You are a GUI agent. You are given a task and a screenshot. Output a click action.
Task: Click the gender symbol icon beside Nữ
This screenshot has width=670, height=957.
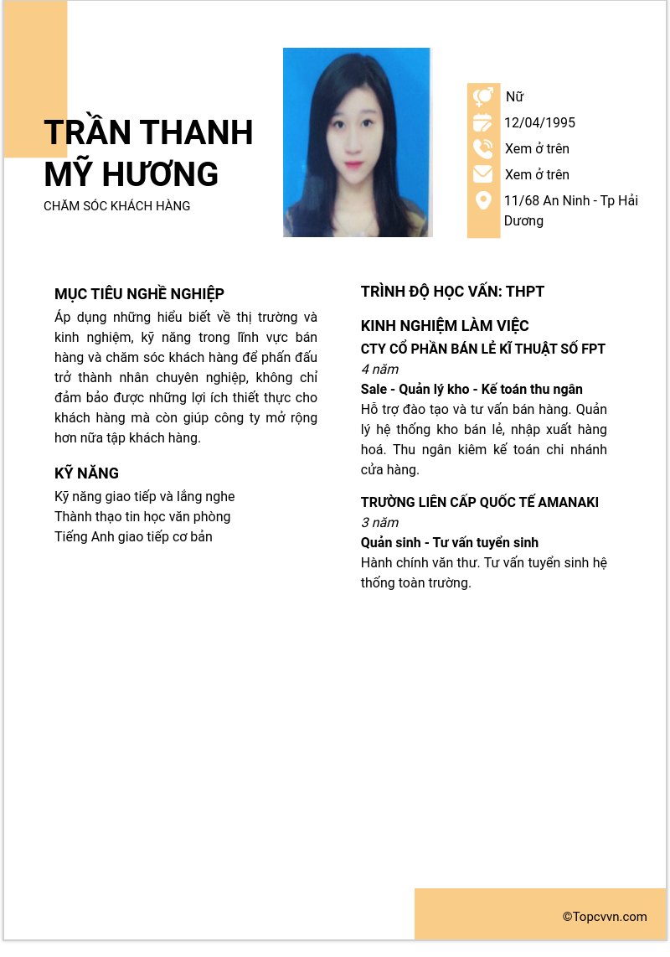click(x=483, y=97)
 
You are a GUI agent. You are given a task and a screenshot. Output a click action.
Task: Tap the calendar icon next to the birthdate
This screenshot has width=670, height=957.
click(x=483, y=123)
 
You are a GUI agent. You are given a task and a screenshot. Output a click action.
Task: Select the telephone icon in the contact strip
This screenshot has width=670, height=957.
click(x=483, y=149)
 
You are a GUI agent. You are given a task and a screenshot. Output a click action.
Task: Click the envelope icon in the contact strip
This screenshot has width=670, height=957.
click(x=483, y=174)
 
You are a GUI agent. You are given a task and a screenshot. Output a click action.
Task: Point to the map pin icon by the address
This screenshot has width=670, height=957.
click(x=483, y=201)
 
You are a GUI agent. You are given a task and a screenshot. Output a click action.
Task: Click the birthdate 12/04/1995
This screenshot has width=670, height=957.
click(x=539, y=123)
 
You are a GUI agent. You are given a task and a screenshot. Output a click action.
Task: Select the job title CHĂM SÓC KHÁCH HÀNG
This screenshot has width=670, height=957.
click(x=117, y=206)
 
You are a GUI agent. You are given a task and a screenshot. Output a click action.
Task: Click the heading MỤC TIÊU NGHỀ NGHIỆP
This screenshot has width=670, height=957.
click(x=139, y=294)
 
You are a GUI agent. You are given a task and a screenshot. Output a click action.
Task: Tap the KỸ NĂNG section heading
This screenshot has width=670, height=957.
click(x=86, y=473)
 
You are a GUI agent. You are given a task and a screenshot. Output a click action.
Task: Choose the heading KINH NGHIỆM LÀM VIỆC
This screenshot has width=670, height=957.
click(x=445, y=326)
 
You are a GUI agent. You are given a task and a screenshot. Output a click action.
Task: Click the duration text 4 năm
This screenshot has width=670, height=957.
click(x=379, y=370)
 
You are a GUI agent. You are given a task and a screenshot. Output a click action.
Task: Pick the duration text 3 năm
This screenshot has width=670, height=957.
click(x=379, y=523)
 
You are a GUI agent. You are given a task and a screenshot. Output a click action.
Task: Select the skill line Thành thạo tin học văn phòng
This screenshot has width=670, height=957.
click(x=142, y=517)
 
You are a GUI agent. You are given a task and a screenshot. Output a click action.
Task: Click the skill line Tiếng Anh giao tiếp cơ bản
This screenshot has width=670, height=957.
click(x=133, y=537)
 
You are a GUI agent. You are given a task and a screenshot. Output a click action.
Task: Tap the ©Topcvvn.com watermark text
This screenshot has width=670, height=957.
click(x=605, y=917)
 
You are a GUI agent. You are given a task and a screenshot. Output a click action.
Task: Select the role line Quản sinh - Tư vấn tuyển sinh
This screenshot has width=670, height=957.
click(x=450, y=543)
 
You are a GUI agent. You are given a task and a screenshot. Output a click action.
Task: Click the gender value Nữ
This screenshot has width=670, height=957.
click(x=514, y=97)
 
